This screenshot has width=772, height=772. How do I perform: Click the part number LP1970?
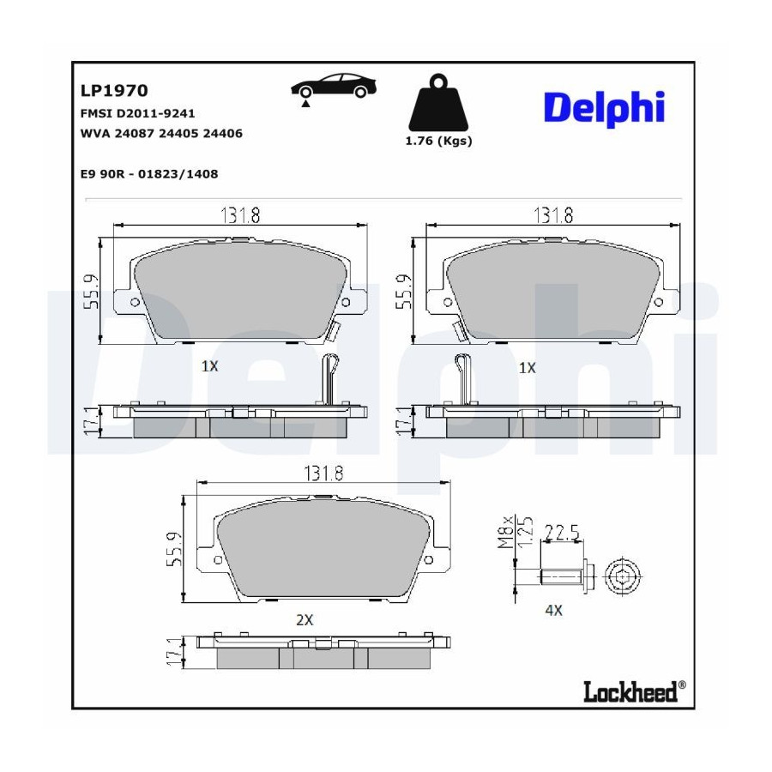(x=114, y=91)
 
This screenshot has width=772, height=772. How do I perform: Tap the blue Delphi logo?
(x=605, y=108)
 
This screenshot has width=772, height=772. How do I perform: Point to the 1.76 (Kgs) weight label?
(x=438, y=142)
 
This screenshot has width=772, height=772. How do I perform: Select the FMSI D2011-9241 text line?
(x=137, y=114)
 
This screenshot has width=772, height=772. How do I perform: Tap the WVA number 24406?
(x=222, y=134)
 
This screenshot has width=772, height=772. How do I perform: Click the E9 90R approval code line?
(x=148, y=174)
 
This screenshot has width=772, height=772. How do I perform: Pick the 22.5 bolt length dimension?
(x=562, y=533)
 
